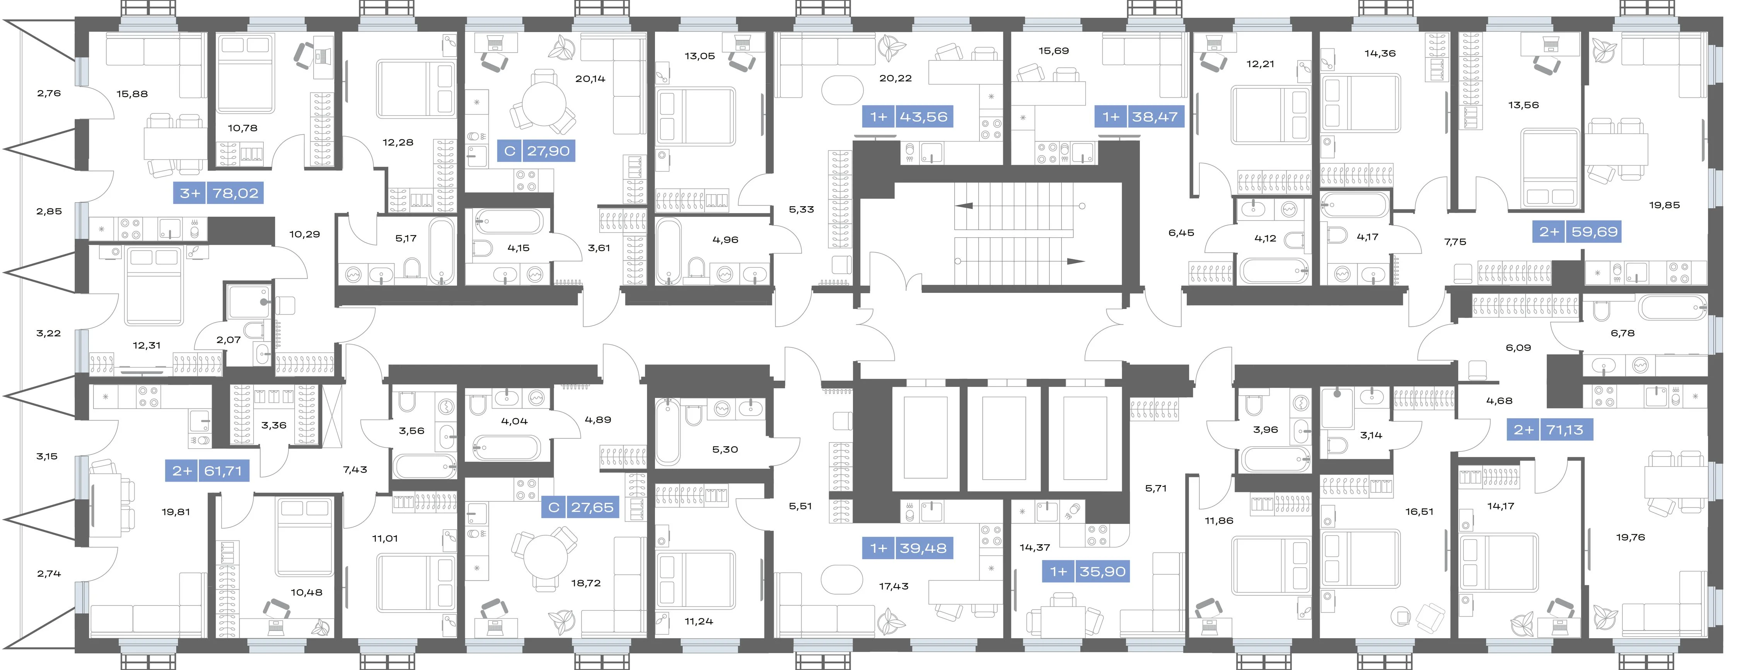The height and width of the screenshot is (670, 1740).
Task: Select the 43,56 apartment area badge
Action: (x=909, y=117)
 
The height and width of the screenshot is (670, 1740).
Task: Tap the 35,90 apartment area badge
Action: (x=1087, y=572)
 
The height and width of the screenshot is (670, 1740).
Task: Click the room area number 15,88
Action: (x=132, y=94)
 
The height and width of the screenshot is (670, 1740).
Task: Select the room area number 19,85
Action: (x=1664, y=205)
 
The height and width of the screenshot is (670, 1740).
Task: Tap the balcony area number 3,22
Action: (x=49, y=333)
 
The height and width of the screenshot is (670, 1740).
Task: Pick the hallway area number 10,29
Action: (x=305, y=234)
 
